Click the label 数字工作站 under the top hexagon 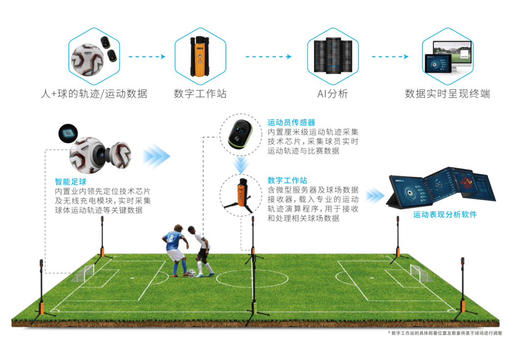click(200, 94)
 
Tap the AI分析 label click(332, 94)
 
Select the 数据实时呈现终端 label click(447, 94)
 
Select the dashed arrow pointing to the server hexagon click(268, 56)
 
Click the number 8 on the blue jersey click(171, 239)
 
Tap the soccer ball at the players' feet click(191, 273)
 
